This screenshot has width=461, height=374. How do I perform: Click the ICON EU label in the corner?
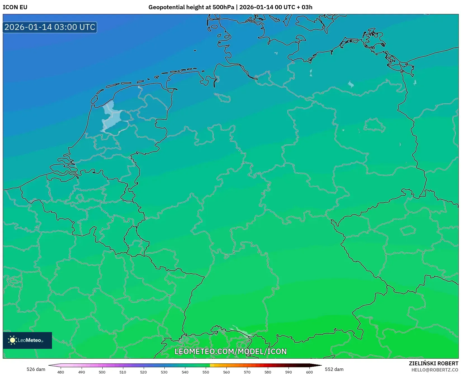point(15,7)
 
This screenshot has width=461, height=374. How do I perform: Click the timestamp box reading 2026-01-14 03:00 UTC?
point(50,27)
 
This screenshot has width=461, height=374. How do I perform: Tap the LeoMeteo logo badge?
point(27,340)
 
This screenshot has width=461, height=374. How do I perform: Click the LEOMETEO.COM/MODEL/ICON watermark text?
point(231,351)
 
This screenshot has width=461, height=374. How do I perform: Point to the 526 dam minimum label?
point(36,369)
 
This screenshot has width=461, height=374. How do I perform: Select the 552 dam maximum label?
point(334,369)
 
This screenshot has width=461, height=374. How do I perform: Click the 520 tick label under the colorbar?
point(143,372)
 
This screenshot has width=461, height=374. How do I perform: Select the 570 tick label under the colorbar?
point(247,372)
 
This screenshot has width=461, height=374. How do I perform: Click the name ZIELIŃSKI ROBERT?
point(434,363)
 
